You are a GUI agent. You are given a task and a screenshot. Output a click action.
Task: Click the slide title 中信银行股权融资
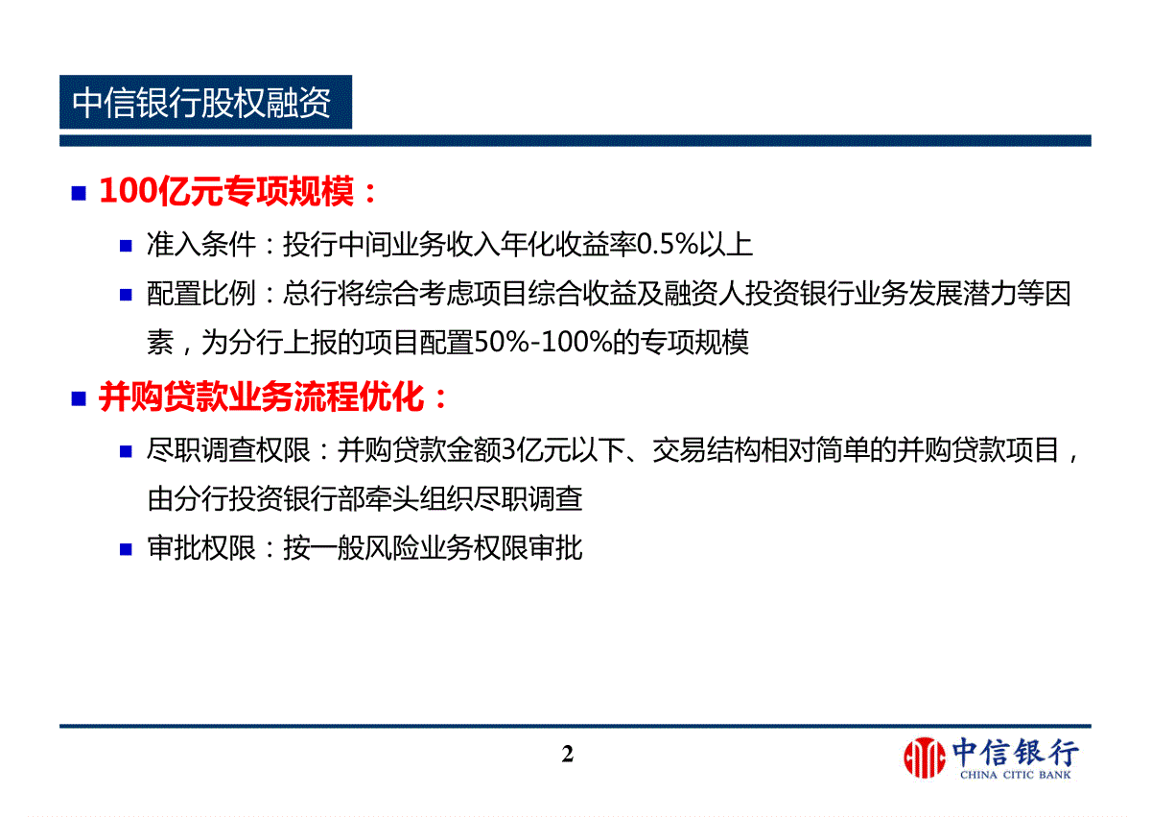click(x=201, y=103)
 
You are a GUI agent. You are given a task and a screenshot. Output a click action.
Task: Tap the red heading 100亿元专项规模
click(x=226, y=192)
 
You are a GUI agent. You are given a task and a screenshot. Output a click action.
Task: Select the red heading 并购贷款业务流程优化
click(x=262, y=397)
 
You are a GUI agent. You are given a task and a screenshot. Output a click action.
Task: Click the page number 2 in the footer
click(x=568, y=755)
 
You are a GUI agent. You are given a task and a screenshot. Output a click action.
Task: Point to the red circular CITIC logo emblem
click(x=925, y=757)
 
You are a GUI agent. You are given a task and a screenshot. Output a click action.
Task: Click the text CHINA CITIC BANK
click(x=1016, y=776)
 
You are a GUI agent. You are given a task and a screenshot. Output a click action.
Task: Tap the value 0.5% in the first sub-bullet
click(x=668, y=244)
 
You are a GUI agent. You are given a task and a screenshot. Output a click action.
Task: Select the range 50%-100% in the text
click(x=543, y=343)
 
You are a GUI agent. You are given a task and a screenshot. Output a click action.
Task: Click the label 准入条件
click(x=200, y=244)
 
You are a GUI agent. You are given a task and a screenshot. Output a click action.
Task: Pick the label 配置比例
click(x=200, y=294)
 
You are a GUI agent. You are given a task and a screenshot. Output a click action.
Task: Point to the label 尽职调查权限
click(x=228, y=450)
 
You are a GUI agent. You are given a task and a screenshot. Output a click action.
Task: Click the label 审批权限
click(x=200, y=548)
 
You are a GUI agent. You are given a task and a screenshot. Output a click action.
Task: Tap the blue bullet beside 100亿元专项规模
click(x=79, y=193)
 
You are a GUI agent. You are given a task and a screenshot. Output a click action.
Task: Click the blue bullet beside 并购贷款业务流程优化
click(x=79, y=399)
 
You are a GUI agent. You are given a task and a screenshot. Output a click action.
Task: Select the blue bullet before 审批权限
click(x=126, y=550)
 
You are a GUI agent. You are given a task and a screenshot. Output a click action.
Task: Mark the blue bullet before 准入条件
click(x=126, y=246)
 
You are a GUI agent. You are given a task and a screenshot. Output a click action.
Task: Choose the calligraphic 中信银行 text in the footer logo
click(x=1016, y=753)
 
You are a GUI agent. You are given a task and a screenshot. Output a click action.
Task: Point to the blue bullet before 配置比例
click(x=126, y=295)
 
